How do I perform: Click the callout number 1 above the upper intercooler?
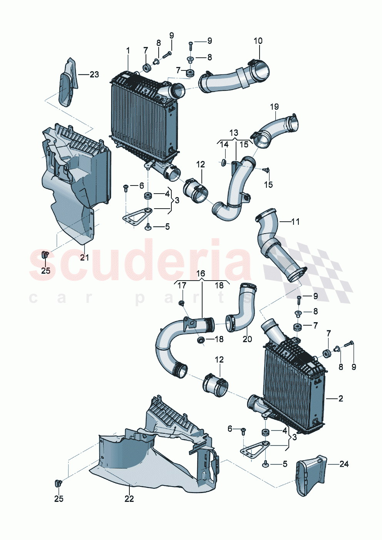(128, 50)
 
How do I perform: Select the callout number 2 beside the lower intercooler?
(340, 399)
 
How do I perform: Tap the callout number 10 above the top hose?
(258, 41)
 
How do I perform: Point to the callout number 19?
(274, 107)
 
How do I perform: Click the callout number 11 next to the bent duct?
(295, 222)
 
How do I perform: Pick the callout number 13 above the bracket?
(234, 133)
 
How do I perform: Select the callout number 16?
(201, 274)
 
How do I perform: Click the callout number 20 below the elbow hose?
(247, 339)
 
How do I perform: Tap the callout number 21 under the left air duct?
(84, 257)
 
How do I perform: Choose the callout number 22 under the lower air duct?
(129, 498)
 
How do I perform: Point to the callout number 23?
(94, 74)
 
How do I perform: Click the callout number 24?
(344, 464)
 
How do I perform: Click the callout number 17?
(182, 286)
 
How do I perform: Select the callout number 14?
(224, 145)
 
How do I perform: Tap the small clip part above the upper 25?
(45, 254)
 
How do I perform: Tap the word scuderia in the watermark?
(141, 260)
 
